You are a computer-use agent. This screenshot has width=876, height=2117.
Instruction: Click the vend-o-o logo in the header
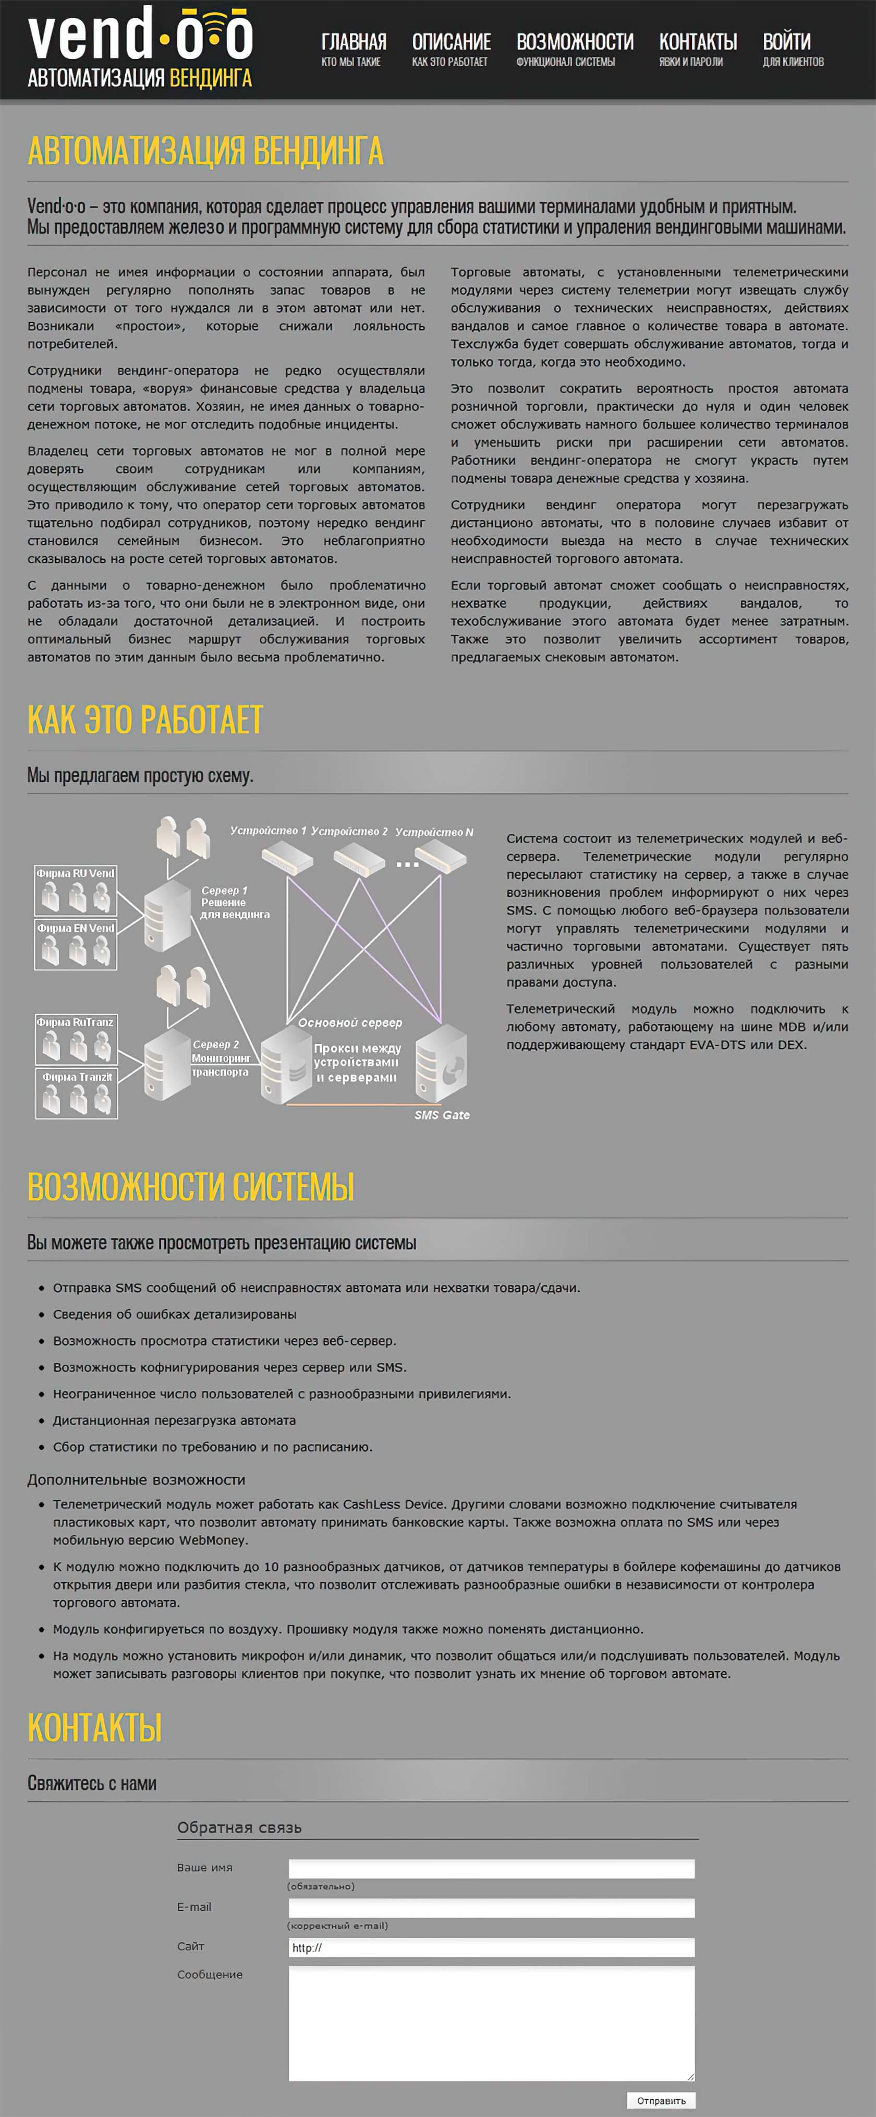click(140, 47)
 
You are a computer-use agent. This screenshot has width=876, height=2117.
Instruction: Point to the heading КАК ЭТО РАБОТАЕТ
click(145, 720)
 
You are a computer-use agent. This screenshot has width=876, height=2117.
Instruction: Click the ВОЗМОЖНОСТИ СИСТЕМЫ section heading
click(191, 1187)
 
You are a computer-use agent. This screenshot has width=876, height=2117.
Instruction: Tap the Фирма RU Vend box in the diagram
click(76, 890)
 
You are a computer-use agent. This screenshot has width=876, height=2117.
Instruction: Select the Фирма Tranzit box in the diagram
click(77, 1093)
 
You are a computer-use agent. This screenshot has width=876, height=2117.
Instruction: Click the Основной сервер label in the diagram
click(350, 1023)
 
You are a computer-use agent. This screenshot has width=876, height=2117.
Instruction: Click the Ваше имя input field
click(491, 1869)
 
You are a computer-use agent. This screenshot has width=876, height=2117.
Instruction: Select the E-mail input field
click(491, 1908)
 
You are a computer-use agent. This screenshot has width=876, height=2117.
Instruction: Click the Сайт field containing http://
click(491, 1947)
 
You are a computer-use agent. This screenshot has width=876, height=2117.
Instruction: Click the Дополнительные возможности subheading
click(137, 1480)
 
